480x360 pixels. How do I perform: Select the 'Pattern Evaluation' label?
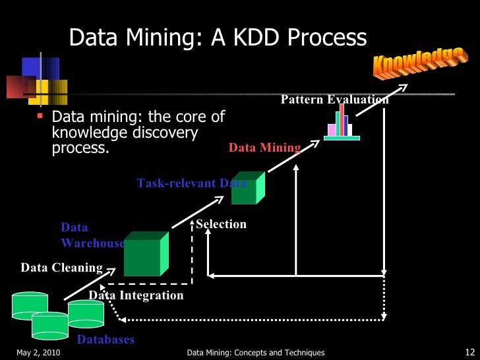(x=334, y=100)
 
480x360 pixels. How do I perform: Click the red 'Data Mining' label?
(x=264, y=148)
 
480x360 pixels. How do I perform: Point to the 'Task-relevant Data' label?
(x=191, y=183)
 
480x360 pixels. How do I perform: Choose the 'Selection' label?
(x=222, y=224)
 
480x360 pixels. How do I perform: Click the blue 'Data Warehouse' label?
(x=92, y=235)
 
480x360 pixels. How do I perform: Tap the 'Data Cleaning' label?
(x=61, y=268)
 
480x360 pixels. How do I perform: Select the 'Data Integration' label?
(x=136, y=295)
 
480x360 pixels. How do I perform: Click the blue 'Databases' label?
(x=105, y=340)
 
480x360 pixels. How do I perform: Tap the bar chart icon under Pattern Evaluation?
(x=342, y=122)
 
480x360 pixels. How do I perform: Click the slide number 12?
(x=470, y=352)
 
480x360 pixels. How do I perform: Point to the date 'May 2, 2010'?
(x=38, y=353)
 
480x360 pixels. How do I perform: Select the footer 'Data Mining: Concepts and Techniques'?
(x=256, y=353)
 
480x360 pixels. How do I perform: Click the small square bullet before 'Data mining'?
(x=41, y=115)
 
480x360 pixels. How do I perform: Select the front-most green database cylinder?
(x=50, y=324)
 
